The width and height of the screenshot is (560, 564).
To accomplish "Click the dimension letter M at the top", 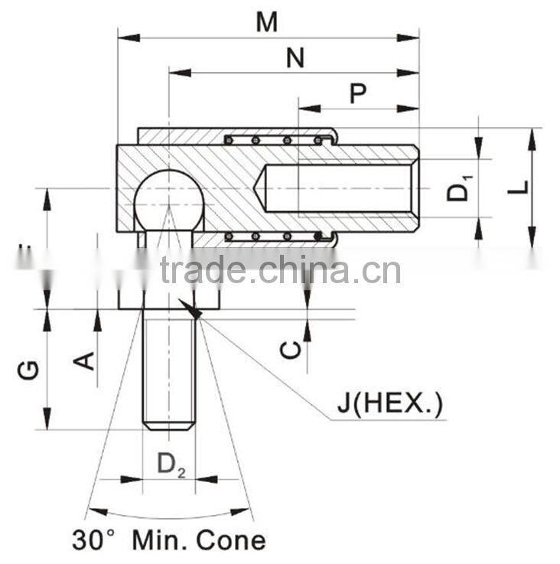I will coord(266,23).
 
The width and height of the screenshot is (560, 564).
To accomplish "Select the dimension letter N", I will coord(295,58).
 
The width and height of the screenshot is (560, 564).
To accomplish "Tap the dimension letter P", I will coord(357,93).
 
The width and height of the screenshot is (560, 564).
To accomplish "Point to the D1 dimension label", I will coord(459,188).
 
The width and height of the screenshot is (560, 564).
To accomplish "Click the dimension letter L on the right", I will coord(519,186).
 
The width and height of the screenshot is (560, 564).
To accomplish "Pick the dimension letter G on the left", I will coord(29,370).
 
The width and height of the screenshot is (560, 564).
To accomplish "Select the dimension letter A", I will coord(87,359).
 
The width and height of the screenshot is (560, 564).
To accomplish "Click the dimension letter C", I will coord(290,350).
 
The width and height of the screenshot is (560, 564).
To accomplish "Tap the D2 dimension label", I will coord(171,464).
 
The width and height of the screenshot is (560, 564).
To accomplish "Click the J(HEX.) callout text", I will coord(390,403).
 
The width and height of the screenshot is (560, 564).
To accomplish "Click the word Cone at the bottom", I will coord(231,540).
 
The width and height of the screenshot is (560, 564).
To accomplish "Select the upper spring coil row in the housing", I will coord(279,139).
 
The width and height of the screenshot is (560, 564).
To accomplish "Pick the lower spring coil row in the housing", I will coord(279,236).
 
